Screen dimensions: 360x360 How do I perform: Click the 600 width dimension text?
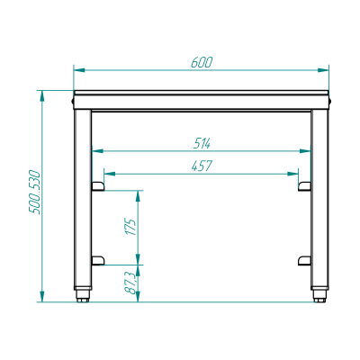(x=202, y=62)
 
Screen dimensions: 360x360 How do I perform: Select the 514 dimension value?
(x=202, y=144)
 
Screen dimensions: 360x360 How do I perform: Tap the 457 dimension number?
(x=202, y=166)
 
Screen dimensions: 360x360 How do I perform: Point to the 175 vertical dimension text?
(x=130, y=227)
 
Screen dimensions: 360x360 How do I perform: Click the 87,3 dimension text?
(x=130, y=283)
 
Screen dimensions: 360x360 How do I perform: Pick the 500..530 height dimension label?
(x=34, y=192)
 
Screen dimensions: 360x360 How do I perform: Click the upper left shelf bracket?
(x=98, y=186)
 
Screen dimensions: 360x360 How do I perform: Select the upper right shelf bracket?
(x=304, y=186)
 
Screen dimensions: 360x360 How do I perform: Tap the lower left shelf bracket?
(x=98, y=261)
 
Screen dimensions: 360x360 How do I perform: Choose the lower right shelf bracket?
(x=304, y=261)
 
